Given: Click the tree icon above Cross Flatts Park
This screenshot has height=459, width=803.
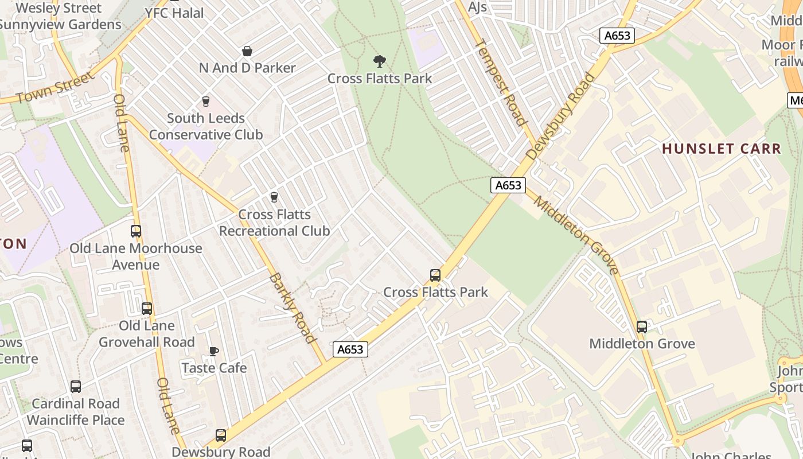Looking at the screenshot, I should (379, 61).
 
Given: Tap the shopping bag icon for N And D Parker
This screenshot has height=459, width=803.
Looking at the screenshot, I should (247, 51).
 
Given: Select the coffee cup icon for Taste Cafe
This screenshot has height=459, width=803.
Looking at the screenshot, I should (214, 351).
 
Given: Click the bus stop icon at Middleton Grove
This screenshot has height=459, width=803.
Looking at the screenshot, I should (642, 327).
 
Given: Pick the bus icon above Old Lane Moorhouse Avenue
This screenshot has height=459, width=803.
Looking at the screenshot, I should (136, 231).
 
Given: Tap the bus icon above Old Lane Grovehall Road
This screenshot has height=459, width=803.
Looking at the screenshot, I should (147, 309).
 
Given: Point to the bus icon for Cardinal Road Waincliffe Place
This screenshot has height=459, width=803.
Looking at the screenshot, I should (76, 387).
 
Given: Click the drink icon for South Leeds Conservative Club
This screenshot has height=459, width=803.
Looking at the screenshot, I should (206, 102).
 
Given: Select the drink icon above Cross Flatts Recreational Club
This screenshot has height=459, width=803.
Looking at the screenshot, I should (274, 197).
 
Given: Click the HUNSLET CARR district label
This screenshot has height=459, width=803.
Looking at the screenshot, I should (722, 149).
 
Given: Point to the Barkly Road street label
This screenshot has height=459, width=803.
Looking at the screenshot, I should (293, 308).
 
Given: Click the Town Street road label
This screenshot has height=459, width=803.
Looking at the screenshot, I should (54, 88).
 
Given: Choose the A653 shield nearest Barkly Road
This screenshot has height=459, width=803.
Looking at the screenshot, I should (350, 349).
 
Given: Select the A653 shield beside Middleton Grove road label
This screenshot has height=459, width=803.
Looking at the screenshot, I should (508, 185).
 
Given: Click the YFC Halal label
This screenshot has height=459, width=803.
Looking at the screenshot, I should (174, 13).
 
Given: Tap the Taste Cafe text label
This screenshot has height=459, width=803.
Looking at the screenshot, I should (214, 368).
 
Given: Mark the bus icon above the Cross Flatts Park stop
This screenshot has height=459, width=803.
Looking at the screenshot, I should (435, 275).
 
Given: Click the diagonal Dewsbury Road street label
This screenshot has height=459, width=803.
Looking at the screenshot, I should (560, 116).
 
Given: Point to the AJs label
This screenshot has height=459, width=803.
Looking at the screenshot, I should (477, 7).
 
